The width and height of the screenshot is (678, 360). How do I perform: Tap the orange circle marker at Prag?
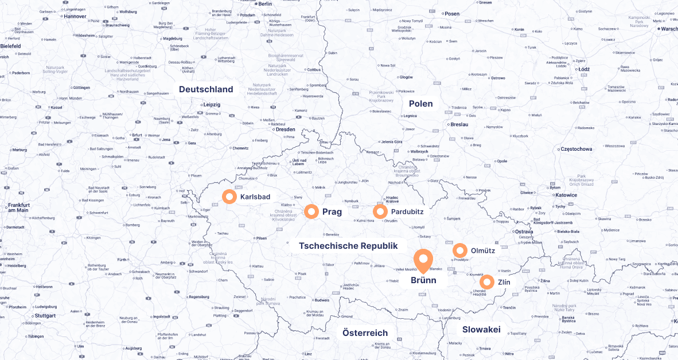(311, 212)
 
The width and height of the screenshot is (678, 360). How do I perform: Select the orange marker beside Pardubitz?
(380, 212)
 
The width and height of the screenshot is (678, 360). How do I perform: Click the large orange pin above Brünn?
(423, 260)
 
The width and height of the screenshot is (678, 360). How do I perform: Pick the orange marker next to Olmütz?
(460, 251)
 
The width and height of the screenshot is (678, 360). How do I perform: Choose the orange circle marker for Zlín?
(486, 282)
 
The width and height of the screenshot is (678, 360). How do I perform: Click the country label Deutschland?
(206, 89)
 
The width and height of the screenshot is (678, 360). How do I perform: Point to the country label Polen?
(420, 104)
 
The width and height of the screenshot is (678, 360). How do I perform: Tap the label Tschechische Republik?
(348, 246)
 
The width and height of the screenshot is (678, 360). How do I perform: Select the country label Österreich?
(365, 333)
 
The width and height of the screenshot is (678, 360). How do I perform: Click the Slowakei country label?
(481, 330)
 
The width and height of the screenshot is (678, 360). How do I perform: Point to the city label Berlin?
(265, 4)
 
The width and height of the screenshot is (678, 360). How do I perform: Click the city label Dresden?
(285, 130)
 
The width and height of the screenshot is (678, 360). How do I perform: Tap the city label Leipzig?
(212, 105)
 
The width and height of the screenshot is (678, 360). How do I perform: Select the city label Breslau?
(459, 124)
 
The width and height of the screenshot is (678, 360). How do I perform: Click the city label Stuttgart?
(45, 316)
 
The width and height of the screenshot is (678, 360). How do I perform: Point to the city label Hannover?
(75, 17)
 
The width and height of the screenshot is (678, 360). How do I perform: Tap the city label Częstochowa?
(575, 149)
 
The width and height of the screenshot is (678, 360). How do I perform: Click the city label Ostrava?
(523, 232)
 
